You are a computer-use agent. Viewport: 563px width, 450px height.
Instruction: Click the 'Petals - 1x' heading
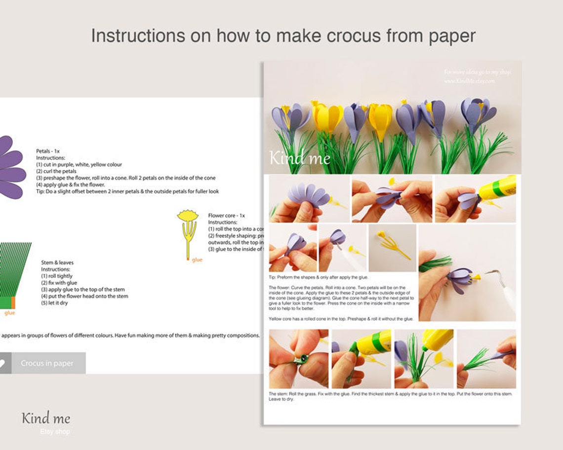click(x=48, y=151)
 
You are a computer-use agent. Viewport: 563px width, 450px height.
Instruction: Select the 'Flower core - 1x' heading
click(x=226, y=216)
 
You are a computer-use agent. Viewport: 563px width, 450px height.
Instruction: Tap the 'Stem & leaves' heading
click(x=57, y=263)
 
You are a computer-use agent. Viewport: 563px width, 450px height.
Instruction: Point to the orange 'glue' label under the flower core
click(x=197, y=260)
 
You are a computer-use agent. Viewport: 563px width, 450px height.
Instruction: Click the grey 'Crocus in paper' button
click(x=47, y=363)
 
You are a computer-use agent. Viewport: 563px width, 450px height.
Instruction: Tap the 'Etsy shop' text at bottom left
click(x=55, y=432)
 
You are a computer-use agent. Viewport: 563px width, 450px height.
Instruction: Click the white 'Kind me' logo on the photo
click(x=299, y=158)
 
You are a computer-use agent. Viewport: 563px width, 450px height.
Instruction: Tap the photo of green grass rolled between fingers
click(x=299, y=359)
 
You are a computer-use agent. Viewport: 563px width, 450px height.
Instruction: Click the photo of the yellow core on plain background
click(x=392, y=248)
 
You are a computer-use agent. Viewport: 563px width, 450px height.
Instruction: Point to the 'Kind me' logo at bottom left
click(x=46, y=418)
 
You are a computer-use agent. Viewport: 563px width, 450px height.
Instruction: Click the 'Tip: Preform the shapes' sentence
click(x=319, y=277)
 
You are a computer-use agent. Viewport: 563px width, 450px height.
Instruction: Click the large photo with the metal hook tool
click(x=467, y=272)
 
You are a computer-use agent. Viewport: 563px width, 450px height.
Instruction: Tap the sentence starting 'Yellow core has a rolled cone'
click(x=341, y=319)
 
